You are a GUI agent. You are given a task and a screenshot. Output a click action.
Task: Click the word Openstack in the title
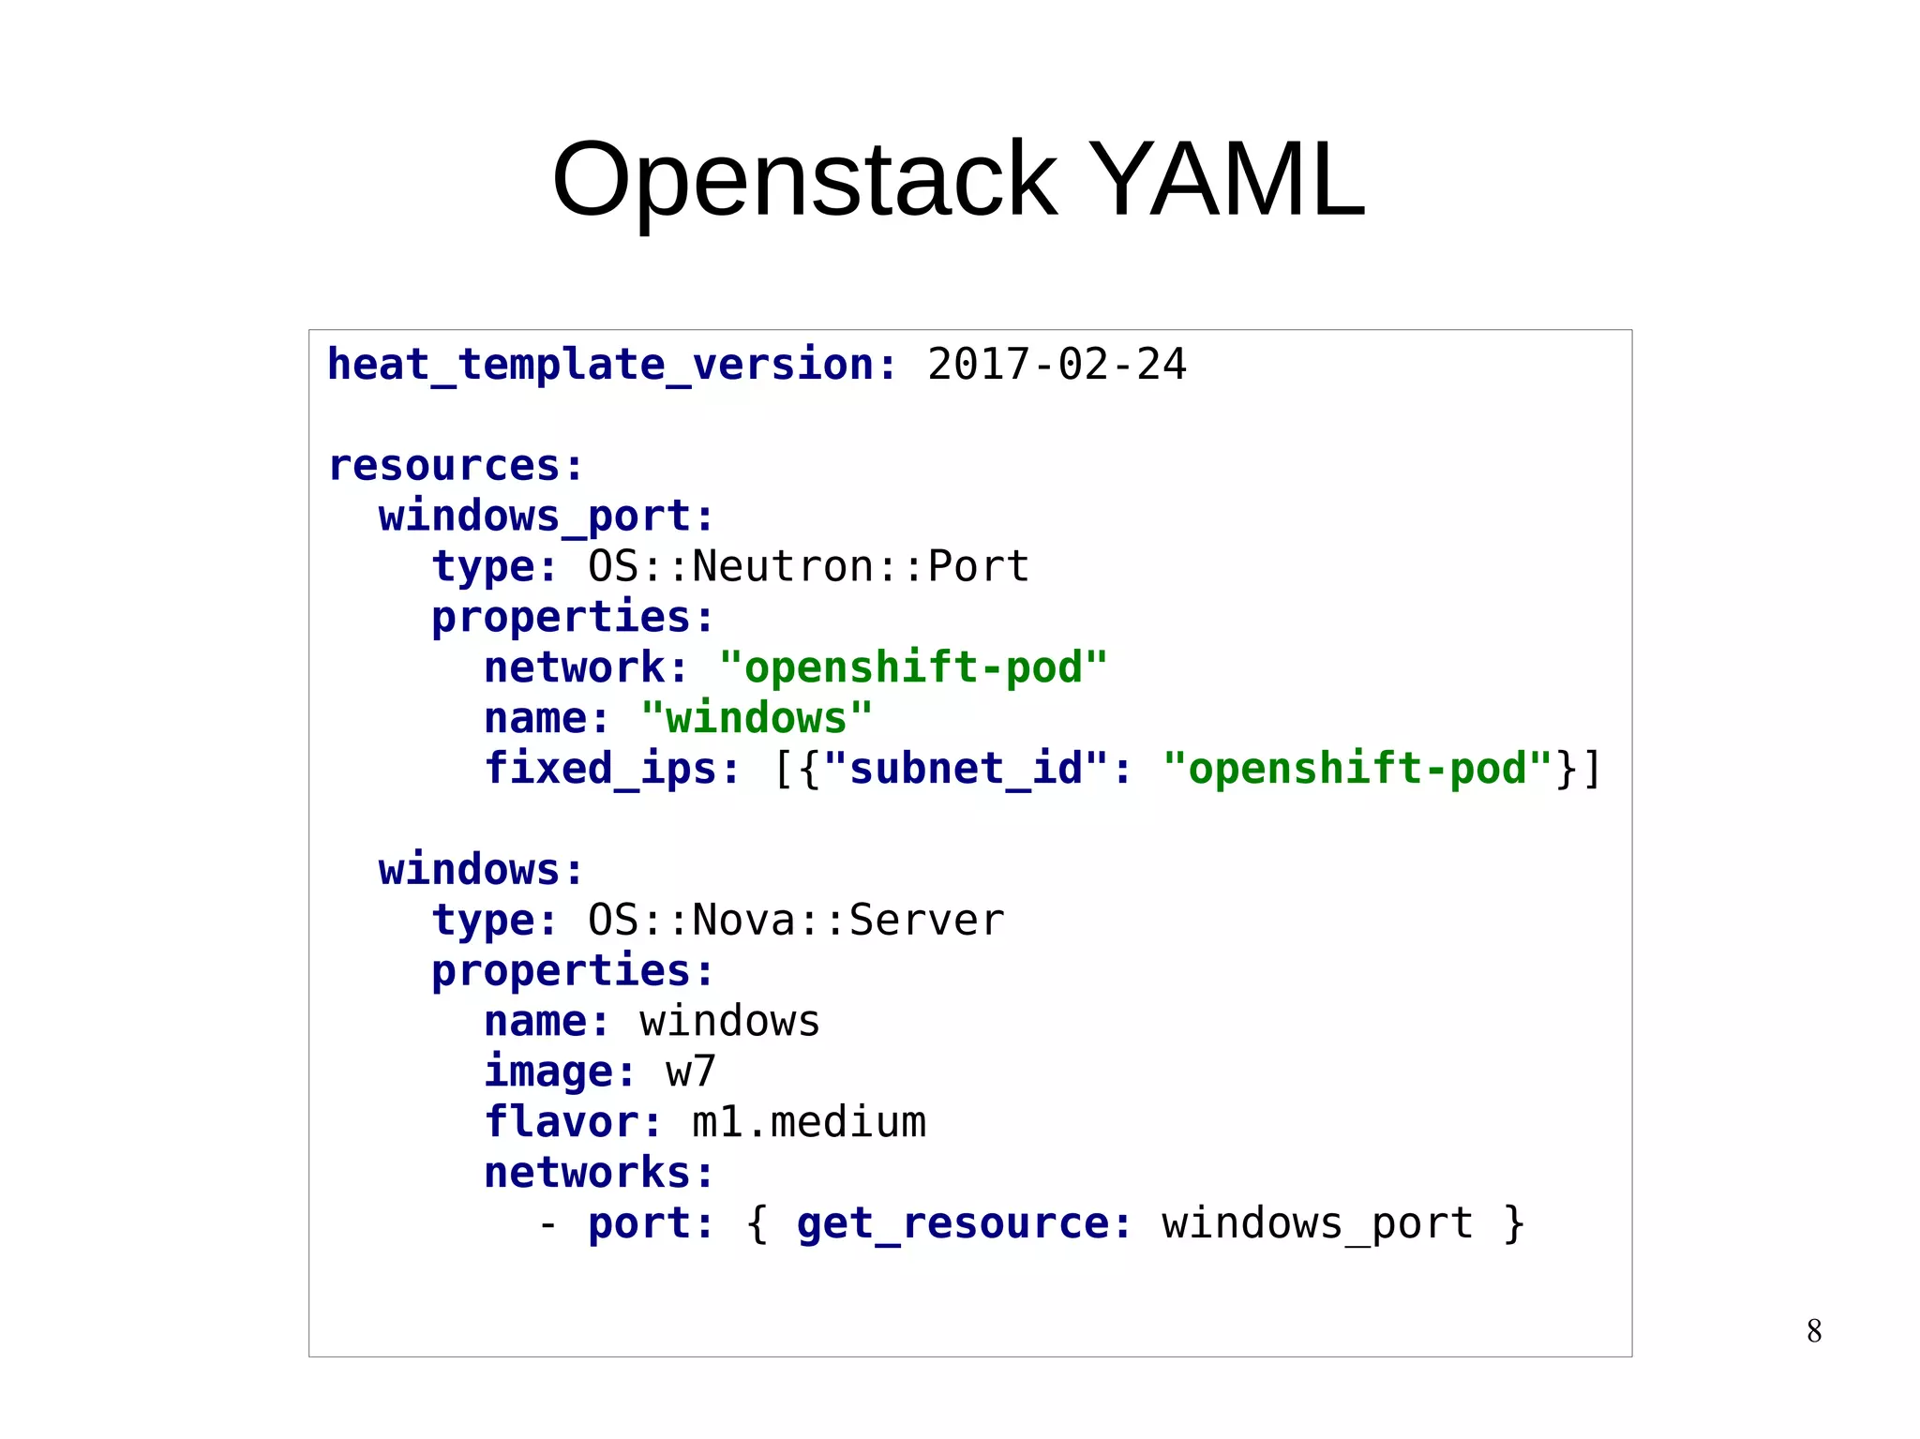tap(804, 180)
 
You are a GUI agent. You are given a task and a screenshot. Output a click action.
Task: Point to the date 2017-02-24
tap(1057, 365)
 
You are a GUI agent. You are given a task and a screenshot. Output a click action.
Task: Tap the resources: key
tap(456, 466)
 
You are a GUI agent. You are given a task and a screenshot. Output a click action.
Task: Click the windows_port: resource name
tap(546, 517)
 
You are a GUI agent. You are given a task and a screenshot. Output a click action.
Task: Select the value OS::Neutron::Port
tap(808, 567)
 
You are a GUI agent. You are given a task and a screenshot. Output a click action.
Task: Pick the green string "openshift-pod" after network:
tap(913, 668)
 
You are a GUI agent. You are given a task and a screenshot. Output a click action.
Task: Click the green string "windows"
tap(757, 719)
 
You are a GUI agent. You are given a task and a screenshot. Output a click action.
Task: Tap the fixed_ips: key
tap(611, 769)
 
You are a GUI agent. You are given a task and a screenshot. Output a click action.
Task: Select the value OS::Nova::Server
tap(796, 921)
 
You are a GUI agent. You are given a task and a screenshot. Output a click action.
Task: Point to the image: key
tap(560, 1072)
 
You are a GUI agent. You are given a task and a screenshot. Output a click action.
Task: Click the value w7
tap(691, 1072)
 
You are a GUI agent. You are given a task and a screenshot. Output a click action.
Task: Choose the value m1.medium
tap(808, 1122)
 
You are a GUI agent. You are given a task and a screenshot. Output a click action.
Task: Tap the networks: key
tap(598, 1173)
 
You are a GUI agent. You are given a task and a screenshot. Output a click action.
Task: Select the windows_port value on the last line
tap(1317, 1223)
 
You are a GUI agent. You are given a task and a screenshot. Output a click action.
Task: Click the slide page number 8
tap(1814, 1331)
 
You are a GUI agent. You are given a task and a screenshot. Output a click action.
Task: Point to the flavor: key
tap(573, 1122)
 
